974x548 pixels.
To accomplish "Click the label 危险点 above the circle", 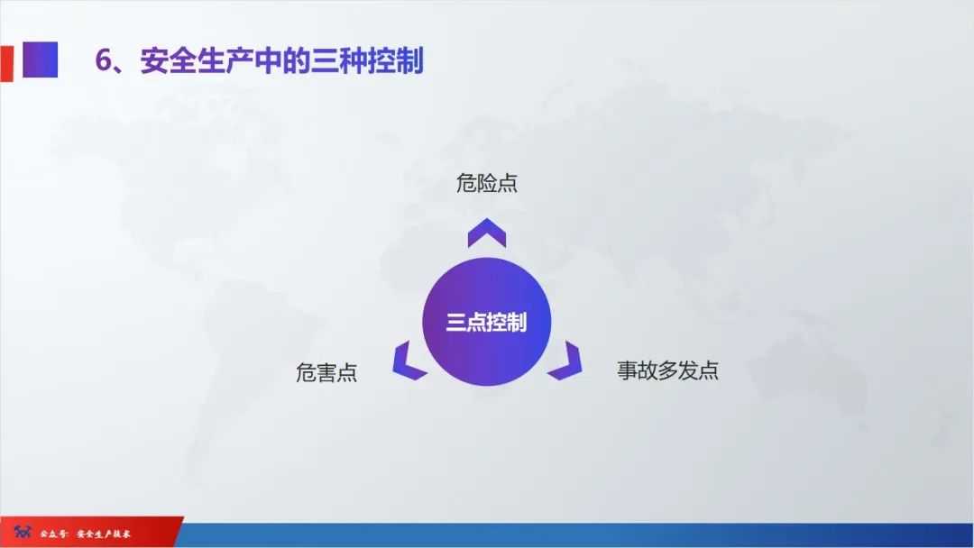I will pos(487,184).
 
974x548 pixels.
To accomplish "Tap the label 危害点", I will pos(326,372).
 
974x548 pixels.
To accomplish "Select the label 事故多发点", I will pos(667,370).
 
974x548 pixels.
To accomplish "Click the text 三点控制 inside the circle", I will pos(486,323).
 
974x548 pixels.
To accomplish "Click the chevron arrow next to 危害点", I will pos(408,361).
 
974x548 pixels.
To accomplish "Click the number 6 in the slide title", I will pos(104,60).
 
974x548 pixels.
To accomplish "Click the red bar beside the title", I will pos(6,61).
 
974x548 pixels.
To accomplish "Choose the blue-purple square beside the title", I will pos(40,59).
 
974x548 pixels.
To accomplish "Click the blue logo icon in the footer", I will pos(22,534).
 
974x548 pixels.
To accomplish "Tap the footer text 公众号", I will pos(51,534).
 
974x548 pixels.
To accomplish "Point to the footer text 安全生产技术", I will pos(104,534).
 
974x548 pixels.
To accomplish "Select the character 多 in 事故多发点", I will pos(667,370).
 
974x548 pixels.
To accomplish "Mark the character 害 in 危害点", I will pos(326,372).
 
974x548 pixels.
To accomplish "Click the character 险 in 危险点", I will pos(487,184).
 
